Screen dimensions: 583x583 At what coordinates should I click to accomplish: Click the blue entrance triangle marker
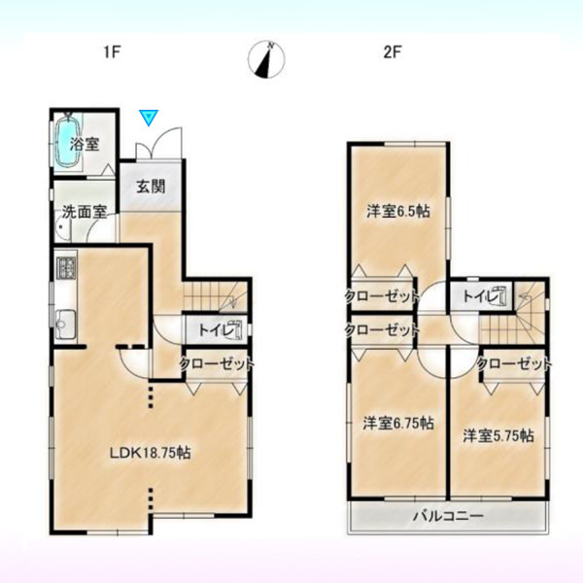pos(149,118)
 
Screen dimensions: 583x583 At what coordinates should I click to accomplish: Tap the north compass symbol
pos(266,59)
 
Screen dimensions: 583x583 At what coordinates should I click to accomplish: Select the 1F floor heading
pos(112,52)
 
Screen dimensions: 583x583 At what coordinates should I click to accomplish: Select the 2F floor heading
pos(393,52)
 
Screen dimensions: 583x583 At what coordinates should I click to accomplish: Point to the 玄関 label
pos(151,187)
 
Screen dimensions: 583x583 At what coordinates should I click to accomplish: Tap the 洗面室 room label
pos(85,212)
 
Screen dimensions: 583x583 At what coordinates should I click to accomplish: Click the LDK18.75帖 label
pos(151,453)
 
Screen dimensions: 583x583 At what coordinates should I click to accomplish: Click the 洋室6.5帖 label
pos(398,211)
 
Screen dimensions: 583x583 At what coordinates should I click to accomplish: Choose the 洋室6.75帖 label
pos(398,423)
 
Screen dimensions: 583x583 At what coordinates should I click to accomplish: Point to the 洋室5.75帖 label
pos(498,435)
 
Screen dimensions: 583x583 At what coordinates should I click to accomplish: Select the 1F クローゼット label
pos(217,363)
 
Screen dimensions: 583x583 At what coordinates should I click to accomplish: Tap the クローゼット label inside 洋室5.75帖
pos(514,363)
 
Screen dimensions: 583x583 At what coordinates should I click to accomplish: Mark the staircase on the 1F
pos(216,296)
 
